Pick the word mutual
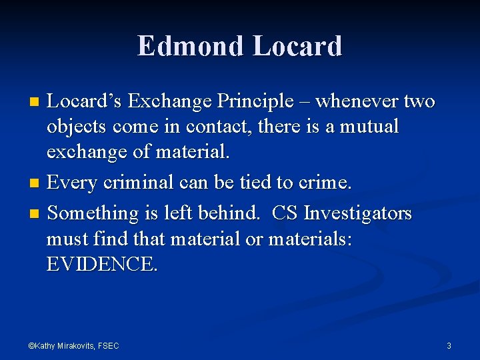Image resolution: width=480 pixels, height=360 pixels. point(369,127)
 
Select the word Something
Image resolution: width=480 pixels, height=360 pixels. point(91,213)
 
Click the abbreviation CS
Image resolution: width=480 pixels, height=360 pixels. point(285,213)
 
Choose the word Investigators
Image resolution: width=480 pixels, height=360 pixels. point(358,213)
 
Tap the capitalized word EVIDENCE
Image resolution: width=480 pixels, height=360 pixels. point(102,265)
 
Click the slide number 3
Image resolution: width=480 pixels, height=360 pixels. point(449,345)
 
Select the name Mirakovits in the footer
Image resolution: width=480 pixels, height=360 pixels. point(77,345)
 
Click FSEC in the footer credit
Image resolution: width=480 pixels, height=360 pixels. point(108,345)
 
